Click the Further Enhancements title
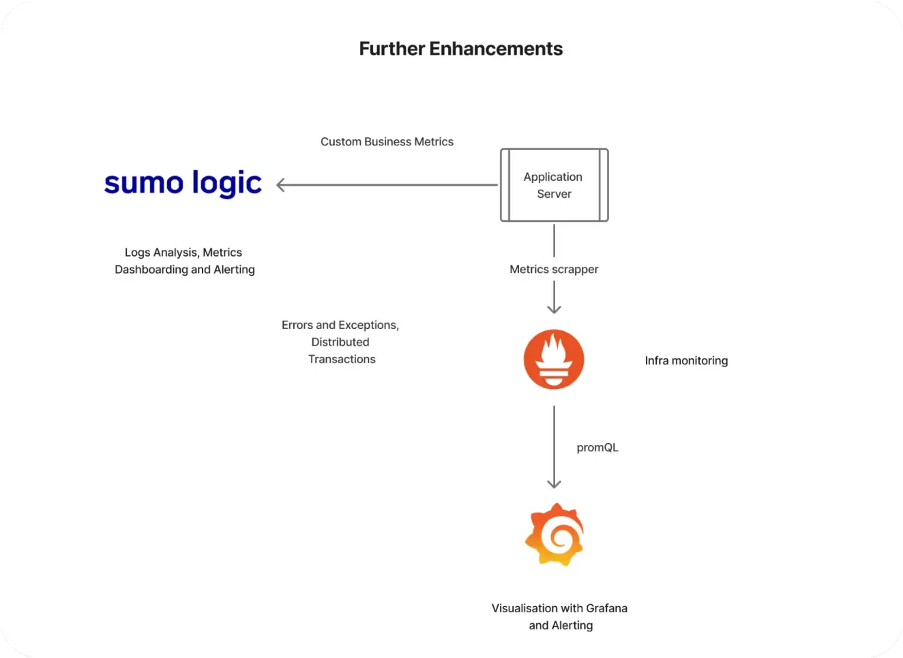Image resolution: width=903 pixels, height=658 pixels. (x=460, y=49)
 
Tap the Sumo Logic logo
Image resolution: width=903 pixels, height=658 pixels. (x=183, y=183)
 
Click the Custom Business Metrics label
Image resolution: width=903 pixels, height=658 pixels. (x=387, y=142)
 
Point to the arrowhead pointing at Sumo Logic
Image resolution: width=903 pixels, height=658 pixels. (x=281, y=185)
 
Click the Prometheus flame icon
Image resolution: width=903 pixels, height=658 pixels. (x=554, y=360)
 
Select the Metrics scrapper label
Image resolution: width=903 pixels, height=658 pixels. (x=554, y=270)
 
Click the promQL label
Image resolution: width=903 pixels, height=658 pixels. (x=597, y=448)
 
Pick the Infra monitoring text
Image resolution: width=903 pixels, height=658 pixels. (x=686, y=360)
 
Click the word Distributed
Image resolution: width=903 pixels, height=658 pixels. (x=340, y=342)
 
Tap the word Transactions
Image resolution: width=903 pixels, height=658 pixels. (x=342, y=359)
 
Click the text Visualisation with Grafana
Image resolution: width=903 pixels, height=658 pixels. (x=559, y=608)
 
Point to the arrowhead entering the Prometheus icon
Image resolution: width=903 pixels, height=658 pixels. (x=554, y=309)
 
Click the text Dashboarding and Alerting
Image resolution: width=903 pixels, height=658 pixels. (x=185, y=270)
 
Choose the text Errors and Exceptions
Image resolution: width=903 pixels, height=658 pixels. (x=340, y=325)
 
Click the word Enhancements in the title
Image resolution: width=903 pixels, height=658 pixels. (x=496, y=49)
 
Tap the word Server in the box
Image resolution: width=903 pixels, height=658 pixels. (x=554, y=194)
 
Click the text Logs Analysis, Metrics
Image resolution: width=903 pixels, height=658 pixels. (x=183, y=253)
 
